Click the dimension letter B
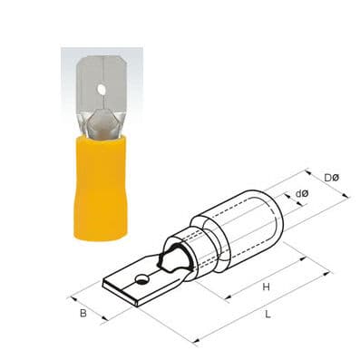click(x=83, y=314)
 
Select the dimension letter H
click(x=266, y=287)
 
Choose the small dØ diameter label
click(x=303, y=193)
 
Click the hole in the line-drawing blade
click(x=143, y=275)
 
